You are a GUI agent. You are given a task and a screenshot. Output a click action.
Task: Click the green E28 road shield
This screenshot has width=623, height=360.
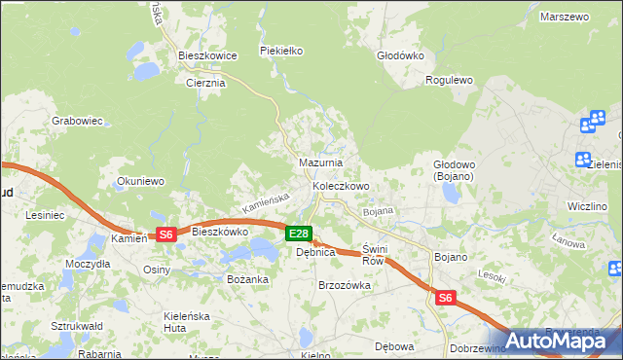(x=299, y=234)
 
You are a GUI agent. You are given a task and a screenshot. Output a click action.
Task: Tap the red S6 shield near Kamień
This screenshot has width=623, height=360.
(x=165, y=234)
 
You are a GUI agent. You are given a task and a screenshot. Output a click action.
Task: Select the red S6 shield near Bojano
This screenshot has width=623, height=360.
(x=445, y=298)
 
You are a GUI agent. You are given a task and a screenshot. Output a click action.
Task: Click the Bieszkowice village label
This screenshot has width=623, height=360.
(x=208, y=56)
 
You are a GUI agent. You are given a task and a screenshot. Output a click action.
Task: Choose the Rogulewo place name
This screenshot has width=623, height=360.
(x=449, y=81)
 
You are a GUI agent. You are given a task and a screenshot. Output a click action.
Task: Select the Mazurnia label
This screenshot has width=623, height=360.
(x=318, y=163)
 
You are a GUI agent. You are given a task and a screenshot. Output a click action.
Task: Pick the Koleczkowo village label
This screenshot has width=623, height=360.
(x=340, y=186)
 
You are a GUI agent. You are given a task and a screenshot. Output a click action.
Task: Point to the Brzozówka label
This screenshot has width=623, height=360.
(x=346, y=285)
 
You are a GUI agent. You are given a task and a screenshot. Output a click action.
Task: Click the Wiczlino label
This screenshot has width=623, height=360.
(x=587, y=206)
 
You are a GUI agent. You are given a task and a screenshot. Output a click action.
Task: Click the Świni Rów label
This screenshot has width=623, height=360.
(x=374, y=255)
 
